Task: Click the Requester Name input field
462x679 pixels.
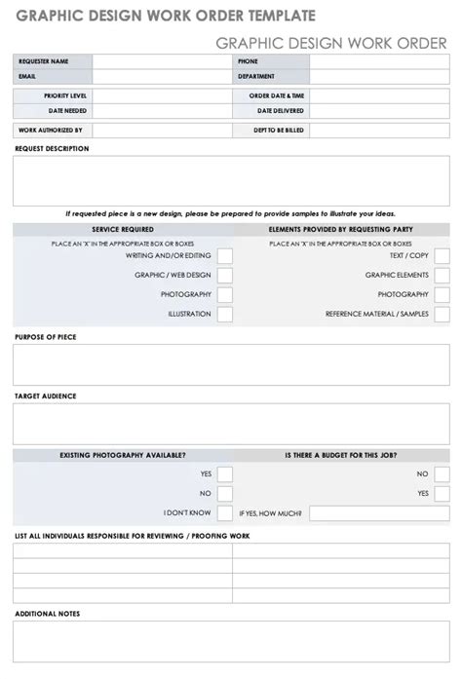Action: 161,61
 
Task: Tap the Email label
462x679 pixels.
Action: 26,76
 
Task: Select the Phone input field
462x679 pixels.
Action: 379,61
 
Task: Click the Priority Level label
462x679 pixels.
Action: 65,96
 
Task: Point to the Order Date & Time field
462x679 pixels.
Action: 379,96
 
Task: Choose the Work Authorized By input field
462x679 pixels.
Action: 161,130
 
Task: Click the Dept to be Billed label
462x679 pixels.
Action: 279,130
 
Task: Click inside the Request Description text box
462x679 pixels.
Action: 231,181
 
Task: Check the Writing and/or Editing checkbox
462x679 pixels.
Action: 225,256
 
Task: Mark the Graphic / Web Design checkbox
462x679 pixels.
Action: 225,276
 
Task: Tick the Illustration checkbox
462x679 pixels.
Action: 225,315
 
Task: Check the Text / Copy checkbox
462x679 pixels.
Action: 442,256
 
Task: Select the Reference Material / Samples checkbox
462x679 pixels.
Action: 442,315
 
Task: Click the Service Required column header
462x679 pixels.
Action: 123,230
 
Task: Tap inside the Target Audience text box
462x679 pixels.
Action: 231,424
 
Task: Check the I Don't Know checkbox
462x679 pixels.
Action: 225,512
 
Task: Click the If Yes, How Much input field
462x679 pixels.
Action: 379,512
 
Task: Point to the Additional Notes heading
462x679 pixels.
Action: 48,614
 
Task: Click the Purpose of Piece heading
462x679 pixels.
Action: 46,337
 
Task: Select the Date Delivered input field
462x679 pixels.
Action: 379,111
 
